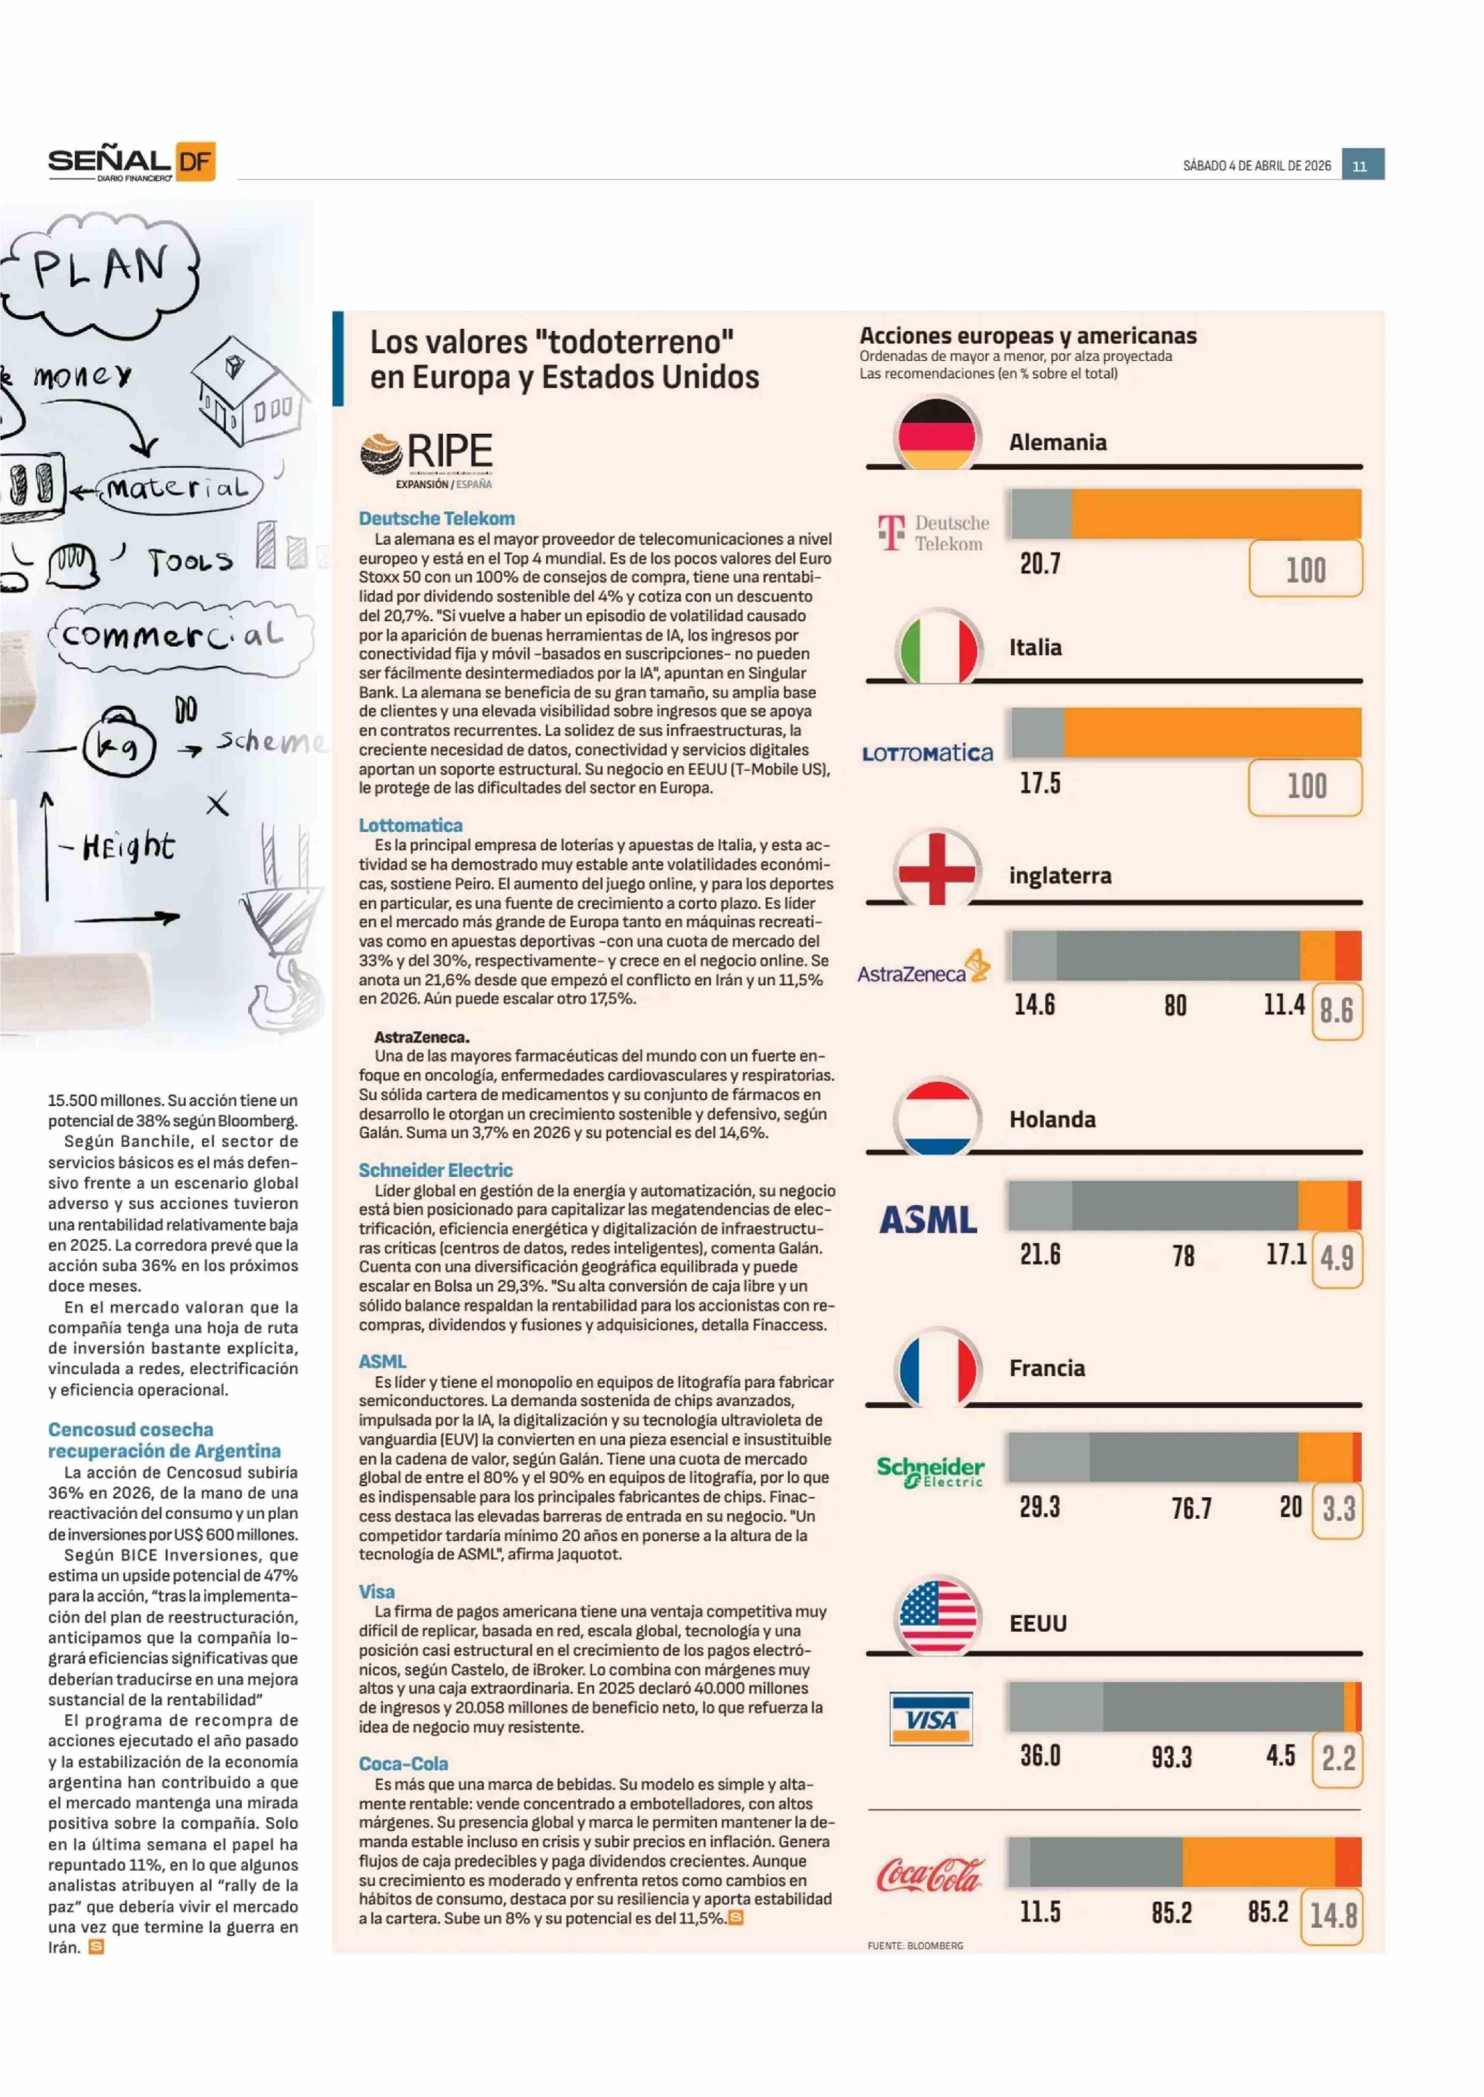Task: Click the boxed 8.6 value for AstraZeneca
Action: [x=1336, y=1010]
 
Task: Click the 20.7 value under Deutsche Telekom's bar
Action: [x=1040, y=564]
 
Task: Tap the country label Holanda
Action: [x=1052, y=1119]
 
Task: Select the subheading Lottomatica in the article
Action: [x=410, y=825]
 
